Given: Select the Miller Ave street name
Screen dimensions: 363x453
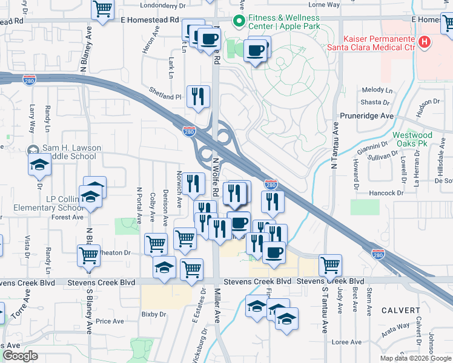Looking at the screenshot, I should (217, 305).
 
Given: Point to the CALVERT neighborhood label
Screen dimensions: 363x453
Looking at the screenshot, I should (400, 310).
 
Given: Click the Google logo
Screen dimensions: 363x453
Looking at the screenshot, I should (20, 356).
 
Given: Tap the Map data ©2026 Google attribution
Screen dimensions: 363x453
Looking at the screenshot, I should (415, 358).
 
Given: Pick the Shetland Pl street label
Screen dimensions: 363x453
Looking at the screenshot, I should (165, 96).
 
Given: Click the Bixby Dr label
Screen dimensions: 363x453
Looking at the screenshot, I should (153, 314).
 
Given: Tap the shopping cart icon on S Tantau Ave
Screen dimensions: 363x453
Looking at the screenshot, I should (330, 264).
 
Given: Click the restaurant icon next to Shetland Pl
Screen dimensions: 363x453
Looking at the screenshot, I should (198, 96).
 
